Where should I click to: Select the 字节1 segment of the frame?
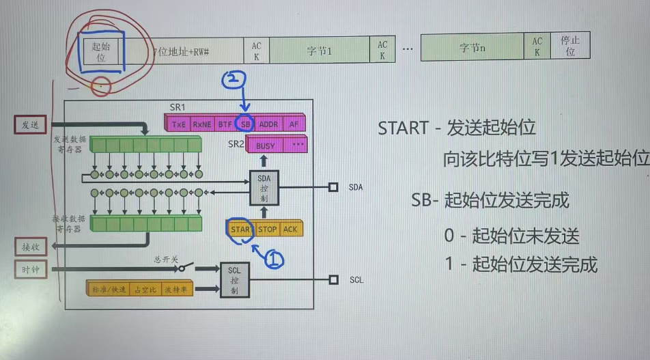(x=319, y=51)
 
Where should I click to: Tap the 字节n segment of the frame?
(x=472, y=49)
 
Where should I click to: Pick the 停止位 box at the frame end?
(x=569, y=46)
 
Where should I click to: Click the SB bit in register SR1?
(x=245, y=124)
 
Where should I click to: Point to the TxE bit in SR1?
(x=179, y=124)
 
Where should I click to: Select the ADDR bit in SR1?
(x=269, y=124)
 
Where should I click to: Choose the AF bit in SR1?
(x=294, y=124)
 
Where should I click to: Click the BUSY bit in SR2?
(x=265, y=146)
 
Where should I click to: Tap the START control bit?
(x=240, y=230)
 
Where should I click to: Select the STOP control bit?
(x=267, y=230)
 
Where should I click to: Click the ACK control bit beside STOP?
(x=291, y=230)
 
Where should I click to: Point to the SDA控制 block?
(x=264, y=186)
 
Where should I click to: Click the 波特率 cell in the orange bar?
(x=179, y=290)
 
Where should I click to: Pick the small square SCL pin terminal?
(x=334, y=279)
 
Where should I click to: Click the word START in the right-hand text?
(x=406, y=128)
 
